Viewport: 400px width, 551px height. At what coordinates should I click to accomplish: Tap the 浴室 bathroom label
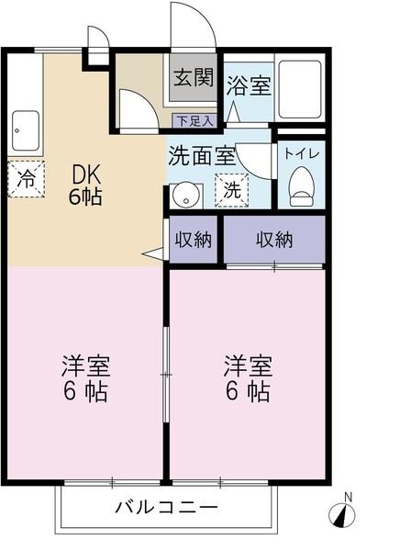coord(249,85)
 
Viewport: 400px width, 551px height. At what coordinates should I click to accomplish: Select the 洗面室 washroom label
coord(202,155)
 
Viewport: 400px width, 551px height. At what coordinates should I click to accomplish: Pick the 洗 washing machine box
coord(232,190)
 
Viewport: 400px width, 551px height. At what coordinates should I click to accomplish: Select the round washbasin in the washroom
coord(186,195)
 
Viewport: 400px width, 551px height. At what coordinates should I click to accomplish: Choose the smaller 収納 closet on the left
coord(193,240)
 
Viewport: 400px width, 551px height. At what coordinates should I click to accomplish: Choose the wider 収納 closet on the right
coord(274,240)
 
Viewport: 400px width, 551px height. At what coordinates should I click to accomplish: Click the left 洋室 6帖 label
coord(85,378)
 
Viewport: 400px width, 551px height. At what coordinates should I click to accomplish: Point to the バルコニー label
coord(166,507)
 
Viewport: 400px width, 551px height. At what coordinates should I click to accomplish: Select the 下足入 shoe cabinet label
coord(194,119)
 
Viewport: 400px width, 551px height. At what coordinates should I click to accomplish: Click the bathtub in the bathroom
coord(300,89)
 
